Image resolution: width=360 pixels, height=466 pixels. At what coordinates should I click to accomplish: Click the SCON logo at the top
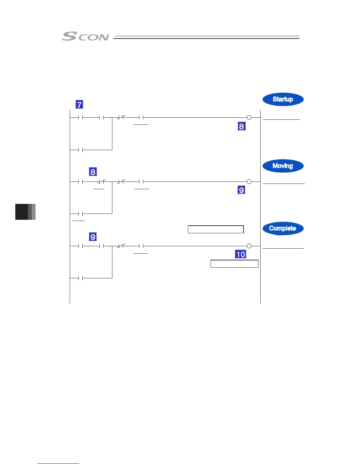pos(86,36)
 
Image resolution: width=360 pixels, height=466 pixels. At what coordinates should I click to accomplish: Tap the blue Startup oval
pos(283,99)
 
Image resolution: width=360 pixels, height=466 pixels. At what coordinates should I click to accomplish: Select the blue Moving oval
pos(283,166)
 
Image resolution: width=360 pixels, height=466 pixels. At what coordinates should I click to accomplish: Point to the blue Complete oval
pos(283,229)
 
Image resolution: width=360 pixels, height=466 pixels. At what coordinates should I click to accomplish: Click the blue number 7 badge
pos(79,104)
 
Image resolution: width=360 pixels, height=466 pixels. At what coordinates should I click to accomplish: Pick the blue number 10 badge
pos(241,254)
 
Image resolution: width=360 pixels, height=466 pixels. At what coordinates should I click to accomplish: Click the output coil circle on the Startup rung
pos(249,117)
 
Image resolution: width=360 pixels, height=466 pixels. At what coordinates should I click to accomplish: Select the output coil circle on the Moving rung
pos(249,182)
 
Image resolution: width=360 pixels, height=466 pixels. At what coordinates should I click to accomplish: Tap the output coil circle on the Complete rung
pos(249,246)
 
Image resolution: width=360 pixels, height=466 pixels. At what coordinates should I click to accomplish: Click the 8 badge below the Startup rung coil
pos(241,126)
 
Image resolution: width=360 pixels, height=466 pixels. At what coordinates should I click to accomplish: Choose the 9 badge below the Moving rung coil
pos(241,190)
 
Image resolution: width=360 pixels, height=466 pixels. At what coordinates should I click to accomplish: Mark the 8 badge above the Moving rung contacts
pos(93,172)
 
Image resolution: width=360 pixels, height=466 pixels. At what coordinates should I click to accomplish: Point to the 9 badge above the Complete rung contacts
pos(93,237)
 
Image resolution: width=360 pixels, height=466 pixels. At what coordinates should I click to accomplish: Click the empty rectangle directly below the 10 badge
pos(234,264)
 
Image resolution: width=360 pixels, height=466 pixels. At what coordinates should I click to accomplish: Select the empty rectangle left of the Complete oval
pos(216,229)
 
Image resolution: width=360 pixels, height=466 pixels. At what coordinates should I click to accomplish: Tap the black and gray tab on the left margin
pos(25,212)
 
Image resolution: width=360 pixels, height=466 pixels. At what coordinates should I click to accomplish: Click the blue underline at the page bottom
pos(58,463)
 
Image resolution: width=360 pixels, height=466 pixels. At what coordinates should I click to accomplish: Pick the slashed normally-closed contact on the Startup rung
pos(121,118)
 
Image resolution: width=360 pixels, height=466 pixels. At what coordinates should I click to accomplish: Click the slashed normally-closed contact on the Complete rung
pos(121,246)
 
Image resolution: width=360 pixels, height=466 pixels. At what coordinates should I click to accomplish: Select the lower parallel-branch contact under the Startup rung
pos(81,150)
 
